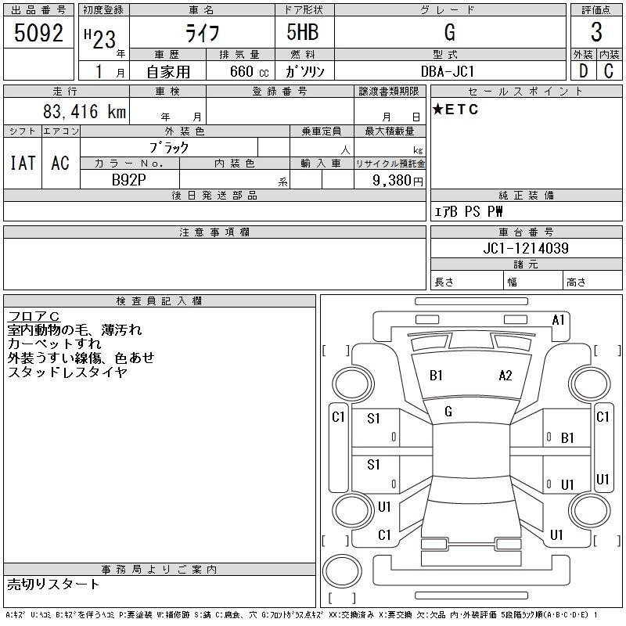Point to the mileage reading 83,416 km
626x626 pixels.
(85, 112)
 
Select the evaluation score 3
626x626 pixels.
(596, 33)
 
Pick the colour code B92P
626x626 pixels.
(129, 179)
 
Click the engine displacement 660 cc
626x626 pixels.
(243, 71)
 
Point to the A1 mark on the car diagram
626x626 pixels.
(559, 319)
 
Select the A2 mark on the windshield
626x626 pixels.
(505, 376)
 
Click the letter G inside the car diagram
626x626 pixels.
(448, 412)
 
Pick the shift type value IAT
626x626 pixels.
(23, 162)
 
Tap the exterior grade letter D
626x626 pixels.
(583, 71)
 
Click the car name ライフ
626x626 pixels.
(201, 33)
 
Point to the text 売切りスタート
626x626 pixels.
(54, 584)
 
